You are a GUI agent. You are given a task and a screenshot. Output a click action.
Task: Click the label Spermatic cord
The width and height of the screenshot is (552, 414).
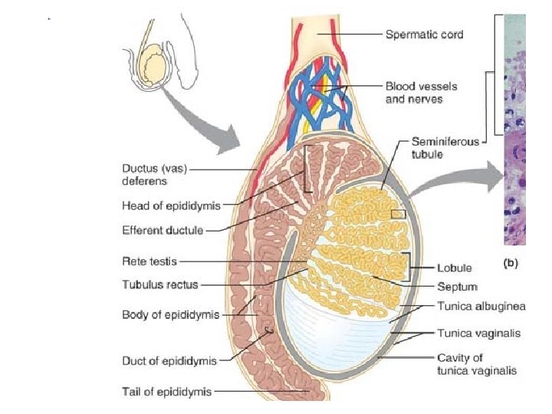[x=423, y=34]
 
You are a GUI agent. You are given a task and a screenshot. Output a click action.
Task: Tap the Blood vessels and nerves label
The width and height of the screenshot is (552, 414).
[x=414, y=93]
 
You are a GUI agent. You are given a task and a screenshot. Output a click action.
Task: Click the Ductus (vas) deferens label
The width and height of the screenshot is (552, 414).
[x=155, y=175]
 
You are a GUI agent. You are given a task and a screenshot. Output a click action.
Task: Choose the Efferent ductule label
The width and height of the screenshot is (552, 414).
[x=163, y=229]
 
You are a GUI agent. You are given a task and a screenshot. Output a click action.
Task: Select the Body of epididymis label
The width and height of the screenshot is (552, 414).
[x=170, y=314]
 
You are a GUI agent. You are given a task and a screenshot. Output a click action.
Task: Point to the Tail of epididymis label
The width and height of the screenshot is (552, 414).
[x=166, y=392]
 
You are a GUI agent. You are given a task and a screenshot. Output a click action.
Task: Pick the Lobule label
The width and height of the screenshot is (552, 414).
[x=454, y=269]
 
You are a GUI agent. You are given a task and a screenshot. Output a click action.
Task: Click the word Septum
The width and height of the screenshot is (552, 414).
[x=457, y=287]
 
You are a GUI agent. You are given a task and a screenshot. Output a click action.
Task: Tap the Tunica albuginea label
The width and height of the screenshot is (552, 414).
[x=481, y=307]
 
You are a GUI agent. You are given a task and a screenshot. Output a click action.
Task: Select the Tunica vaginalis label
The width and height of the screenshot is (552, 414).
[x=478, y=333]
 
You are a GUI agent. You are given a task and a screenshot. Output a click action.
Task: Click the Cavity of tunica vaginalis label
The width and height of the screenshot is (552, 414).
[x=476, y=363]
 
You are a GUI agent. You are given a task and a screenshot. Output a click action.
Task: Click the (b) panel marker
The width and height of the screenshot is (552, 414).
[x=511, y=264]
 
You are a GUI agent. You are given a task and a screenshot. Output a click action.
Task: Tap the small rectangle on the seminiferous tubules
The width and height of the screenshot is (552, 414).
[x=398, y=214]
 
